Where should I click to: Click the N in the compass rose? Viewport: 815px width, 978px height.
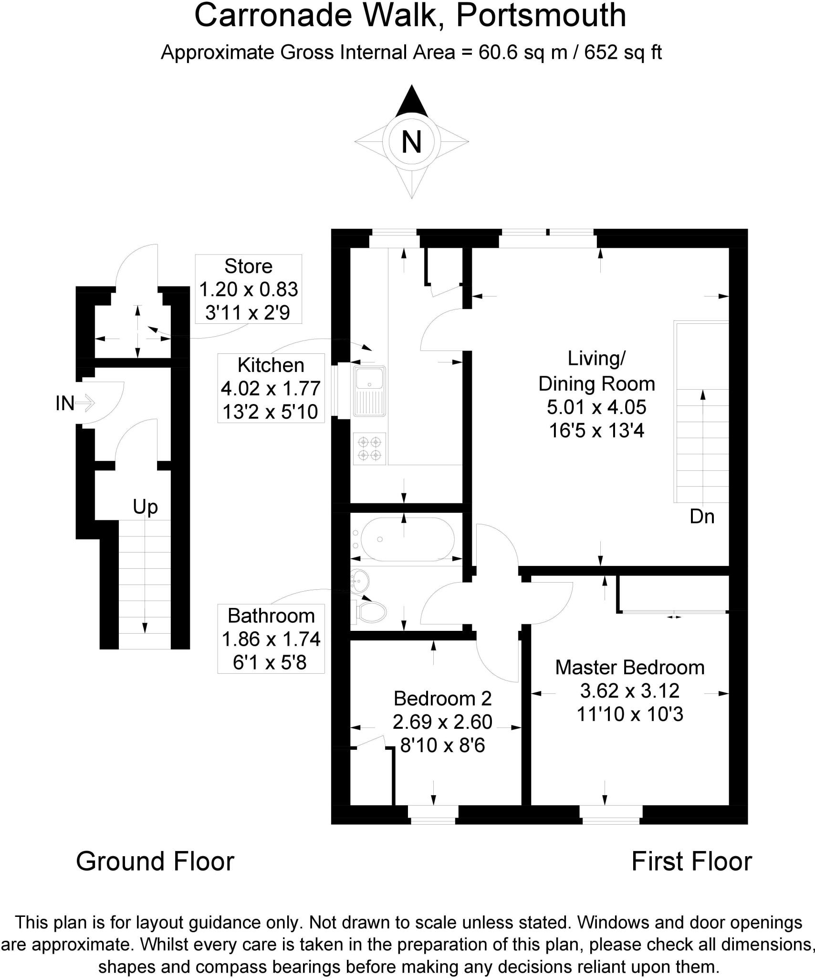point(411,142)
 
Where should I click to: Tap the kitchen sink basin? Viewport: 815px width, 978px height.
point(370,378)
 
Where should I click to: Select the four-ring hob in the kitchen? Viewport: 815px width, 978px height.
point(369,449)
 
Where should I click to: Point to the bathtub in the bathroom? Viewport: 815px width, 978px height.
point(406,539)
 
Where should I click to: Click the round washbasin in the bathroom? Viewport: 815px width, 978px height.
point(359,581)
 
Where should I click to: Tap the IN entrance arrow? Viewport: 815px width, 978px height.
point(85,404)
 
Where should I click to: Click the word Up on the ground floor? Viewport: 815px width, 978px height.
point(145,507)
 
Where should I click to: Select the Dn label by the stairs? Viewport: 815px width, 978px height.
point(702,516)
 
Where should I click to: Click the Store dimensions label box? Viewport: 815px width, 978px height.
point(248,289)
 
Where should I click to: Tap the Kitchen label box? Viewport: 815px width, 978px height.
point(271,388)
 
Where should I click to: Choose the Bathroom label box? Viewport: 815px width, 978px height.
point(271,638)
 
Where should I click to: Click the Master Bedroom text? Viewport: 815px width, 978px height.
point(629,668)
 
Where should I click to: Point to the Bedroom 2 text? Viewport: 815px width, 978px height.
point(442,699)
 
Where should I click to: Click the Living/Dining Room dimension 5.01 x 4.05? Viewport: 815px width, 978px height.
point(596,407)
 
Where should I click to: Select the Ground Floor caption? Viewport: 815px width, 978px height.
point(155,861)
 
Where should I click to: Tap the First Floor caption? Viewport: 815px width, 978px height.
point(691,861)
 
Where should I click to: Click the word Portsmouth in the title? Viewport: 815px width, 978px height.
point(541,15)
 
